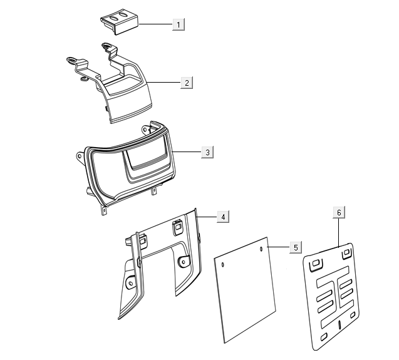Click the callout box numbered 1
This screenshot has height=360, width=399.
tap(179, 24)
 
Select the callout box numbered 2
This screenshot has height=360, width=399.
tap(187, 83)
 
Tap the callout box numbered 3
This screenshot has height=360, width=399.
tap(207, 152)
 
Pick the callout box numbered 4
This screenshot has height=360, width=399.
tap(223, 217)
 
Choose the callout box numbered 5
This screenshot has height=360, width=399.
tap(296, 247)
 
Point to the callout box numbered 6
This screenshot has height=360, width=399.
tap(339, 212)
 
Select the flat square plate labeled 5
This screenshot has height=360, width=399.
tap(245, 290)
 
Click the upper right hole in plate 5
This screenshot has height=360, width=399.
tap(261, 249)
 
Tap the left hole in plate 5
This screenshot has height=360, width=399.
tap(223, 265)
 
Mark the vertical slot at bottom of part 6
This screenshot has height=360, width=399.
tap(339, 325)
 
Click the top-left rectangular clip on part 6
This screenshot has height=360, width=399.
tap(316, 264)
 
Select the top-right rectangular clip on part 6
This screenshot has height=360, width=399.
tap(346, 253)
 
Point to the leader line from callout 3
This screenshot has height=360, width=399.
tap(187, 152)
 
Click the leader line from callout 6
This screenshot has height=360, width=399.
tap(339, 233)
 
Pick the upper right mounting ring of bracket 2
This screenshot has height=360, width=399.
tap(107, 46)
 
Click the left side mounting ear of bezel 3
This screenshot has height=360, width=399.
tap(80, 156)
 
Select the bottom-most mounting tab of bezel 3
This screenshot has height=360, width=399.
tap(104, 210)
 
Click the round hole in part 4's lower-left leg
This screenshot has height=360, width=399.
tap(131, 283)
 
